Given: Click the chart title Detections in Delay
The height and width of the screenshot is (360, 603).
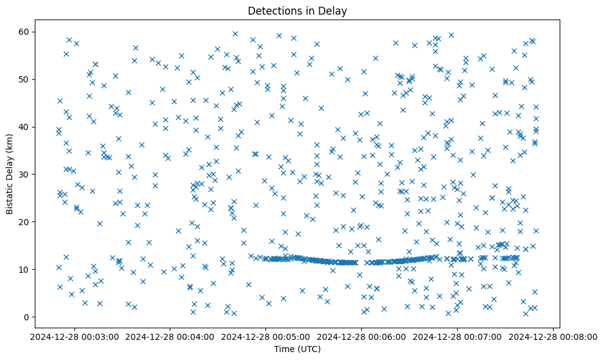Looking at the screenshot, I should [297, 10].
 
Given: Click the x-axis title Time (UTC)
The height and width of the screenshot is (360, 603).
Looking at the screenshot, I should [297, 350].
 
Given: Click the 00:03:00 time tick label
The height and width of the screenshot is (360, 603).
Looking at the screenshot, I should [74, 336].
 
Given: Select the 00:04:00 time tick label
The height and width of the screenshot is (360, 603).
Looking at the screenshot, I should [170, 336].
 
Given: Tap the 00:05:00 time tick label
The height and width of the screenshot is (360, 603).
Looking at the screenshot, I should [265, 336].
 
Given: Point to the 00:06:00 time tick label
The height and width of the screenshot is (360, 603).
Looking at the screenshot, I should [361, 336].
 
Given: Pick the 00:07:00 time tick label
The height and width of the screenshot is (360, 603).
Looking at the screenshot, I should [457, 336].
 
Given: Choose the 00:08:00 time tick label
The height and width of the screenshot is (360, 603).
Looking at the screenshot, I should [553, 336].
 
